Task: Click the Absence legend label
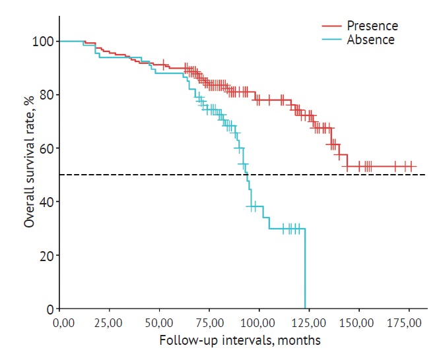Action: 372,40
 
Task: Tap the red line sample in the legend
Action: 332,26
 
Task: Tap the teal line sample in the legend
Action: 332,40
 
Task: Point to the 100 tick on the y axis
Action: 43,42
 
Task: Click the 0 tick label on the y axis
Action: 48,309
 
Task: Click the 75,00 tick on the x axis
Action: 205,323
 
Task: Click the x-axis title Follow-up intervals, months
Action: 240,341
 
